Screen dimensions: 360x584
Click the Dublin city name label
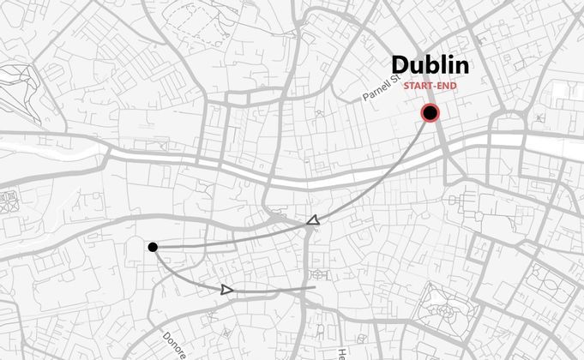tap(430, 65)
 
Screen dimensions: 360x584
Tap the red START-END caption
tap(430, 86)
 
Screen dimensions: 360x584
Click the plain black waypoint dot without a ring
tap(153, 248)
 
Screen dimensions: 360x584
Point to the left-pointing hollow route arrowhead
tap(313, 222)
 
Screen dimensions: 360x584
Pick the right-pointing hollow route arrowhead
tap(226, 290)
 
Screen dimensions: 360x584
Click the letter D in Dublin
tap(400, 65)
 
